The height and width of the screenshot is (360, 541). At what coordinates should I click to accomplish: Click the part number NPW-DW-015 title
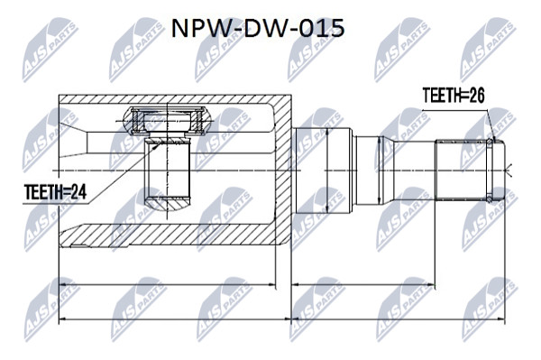point(258,28)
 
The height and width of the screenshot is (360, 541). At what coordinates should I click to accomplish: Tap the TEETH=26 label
point(454,95)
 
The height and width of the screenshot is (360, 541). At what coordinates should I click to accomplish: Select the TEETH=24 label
point(55,192)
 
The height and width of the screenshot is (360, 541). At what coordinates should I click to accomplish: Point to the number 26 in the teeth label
point(475,95)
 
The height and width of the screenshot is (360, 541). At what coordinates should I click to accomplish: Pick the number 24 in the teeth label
point(78,192)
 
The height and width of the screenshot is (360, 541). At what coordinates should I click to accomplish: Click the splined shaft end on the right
point(462,170)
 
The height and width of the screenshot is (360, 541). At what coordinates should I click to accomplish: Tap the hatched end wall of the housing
point(283,170)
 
